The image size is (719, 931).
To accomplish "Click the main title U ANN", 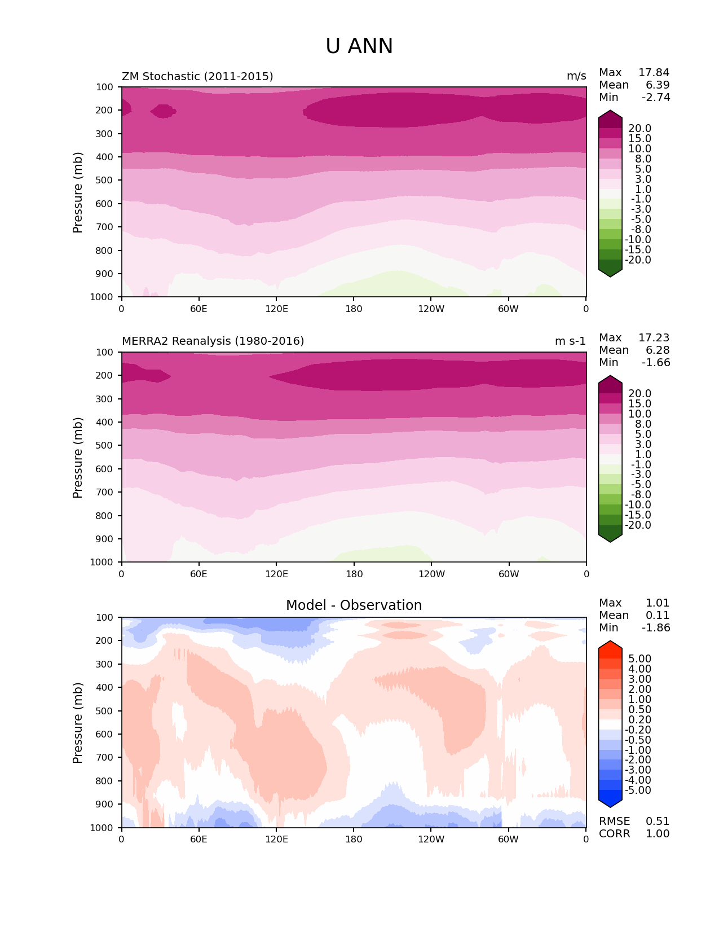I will [359, 46].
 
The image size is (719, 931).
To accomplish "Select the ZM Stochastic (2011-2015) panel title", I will [197, 76].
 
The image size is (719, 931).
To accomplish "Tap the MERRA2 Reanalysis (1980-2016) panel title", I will [213, 341].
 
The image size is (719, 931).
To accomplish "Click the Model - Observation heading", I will [354, 605].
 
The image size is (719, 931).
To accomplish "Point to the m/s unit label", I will [576, 76].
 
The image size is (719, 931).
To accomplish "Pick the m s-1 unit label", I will [570, 341].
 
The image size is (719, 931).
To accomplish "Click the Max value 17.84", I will [654, 73].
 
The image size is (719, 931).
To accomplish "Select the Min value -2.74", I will [656, 98].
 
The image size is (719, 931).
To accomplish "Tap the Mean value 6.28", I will [658, 350].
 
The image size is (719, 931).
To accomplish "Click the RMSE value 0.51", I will [658, 822].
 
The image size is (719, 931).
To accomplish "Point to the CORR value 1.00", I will [658, 834].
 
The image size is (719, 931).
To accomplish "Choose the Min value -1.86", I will [656, 628].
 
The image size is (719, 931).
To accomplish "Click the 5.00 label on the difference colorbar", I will [639, 659].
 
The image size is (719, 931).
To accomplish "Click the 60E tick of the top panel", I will [199, 309].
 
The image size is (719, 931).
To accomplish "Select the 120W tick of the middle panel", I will [431, 574].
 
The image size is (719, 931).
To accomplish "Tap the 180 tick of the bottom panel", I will [354, 839].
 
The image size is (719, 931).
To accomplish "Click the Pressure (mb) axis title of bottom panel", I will [78, 723].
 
